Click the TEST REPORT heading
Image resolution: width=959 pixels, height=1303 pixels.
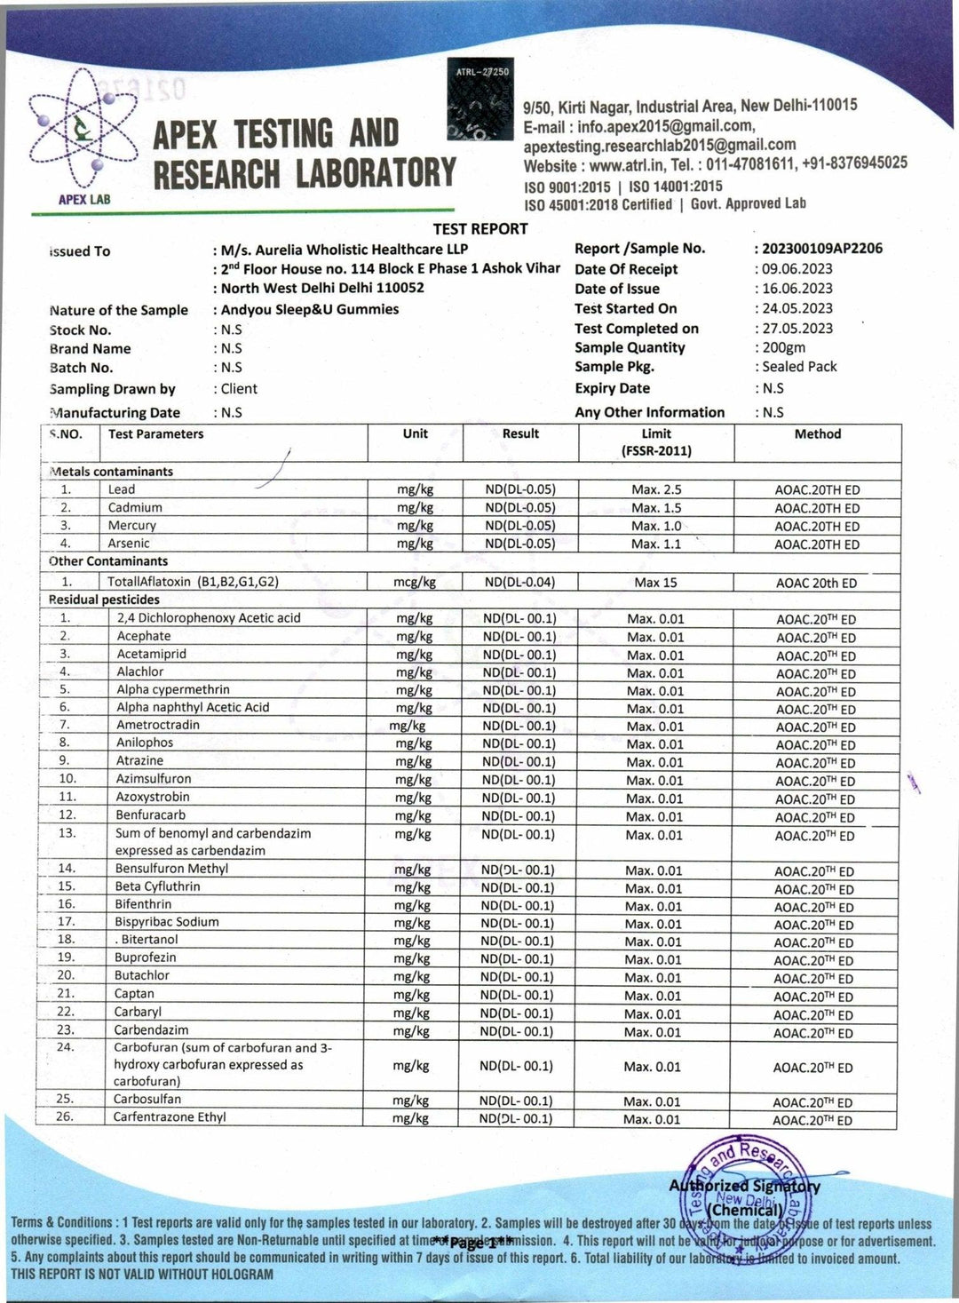click(480, 229)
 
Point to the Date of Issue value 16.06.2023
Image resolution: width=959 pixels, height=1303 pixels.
click(797, 289)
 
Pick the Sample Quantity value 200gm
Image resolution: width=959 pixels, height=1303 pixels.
click(783, 347)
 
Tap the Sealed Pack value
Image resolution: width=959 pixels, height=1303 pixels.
click(799, 366)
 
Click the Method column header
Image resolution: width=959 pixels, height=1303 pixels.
click(817, 434)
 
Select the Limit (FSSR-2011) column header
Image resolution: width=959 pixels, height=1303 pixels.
click(656, 441)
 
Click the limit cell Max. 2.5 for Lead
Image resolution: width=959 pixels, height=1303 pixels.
click(656, 490)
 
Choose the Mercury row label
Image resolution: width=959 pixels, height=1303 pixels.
click(131, 526)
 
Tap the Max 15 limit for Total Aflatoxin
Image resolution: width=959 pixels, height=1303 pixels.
click(655, 583)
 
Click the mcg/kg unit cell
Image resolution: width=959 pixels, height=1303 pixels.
click(415, 583)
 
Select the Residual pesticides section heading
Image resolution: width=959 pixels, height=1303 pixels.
click(104, 600)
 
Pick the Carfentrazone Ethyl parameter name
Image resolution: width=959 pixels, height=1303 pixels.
click(170, 1117)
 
